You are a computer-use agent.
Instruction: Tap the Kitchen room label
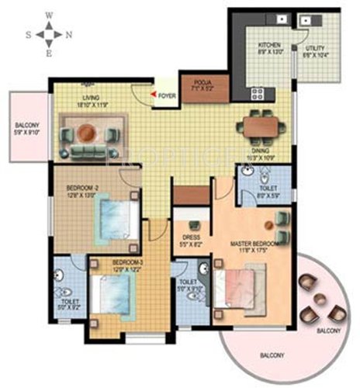270,50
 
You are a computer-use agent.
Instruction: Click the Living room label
97,100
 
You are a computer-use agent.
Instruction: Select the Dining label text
260,154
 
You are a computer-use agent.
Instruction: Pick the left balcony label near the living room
27,129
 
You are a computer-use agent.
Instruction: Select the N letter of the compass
68,34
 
